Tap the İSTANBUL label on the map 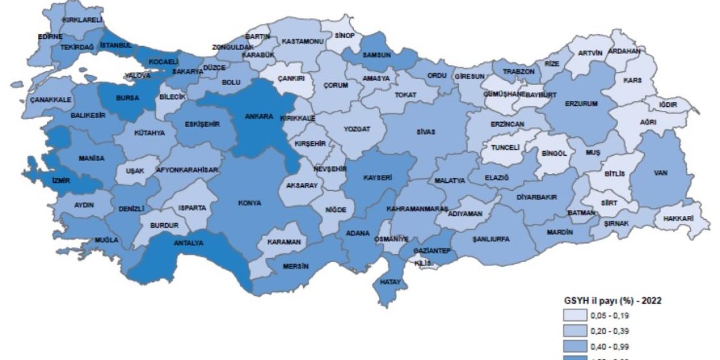pyautogui.click(x=115, y=45)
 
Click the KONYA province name pyautogui.click(x=250, y=203)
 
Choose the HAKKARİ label pyautogui.click(x=677, y=218)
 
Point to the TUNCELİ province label pyautogui.click(x=505, y=148)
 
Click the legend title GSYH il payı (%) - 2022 pyautogui.click(x=613, y=300)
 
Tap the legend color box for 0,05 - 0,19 pyautogui.click(x=573, y=315)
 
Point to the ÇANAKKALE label pyautogui.click(x=51, y=100)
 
